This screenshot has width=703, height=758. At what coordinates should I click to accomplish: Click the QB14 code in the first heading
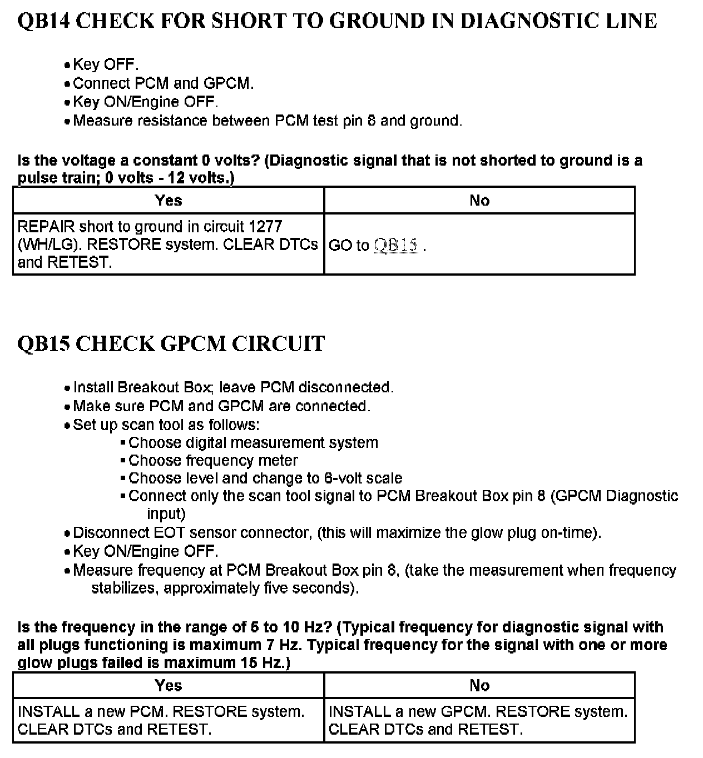tap(42, 21)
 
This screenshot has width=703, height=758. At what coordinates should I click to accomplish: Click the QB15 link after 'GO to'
tap(395, 245)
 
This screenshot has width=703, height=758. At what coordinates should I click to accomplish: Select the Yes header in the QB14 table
tap(168, 200)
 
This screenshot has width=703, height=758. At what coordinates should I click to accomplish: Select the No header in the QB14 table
tap(479, 200)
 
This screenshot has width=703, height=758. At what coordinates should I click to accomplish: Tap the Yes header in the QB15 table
tap(168, 685)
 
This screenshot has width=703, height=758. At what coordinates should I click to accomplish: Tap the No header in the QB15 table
tap(479, 685)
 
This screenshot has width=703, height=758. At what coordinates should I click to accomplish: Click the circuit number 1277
tap(265, 227)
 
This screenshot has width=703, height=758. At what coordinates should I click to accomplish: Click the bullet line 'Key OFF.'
tap(106, 64)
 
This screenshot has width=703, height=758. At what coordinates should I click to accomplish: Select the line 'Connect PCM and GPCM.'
tap(163, 83)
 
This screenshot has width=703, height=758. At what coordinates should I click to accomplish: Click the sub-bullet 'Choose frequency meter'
tap(213, 461)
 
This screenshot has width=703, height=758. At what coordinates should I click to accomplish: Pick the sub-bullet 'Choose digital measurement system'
tap(253, 443)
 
